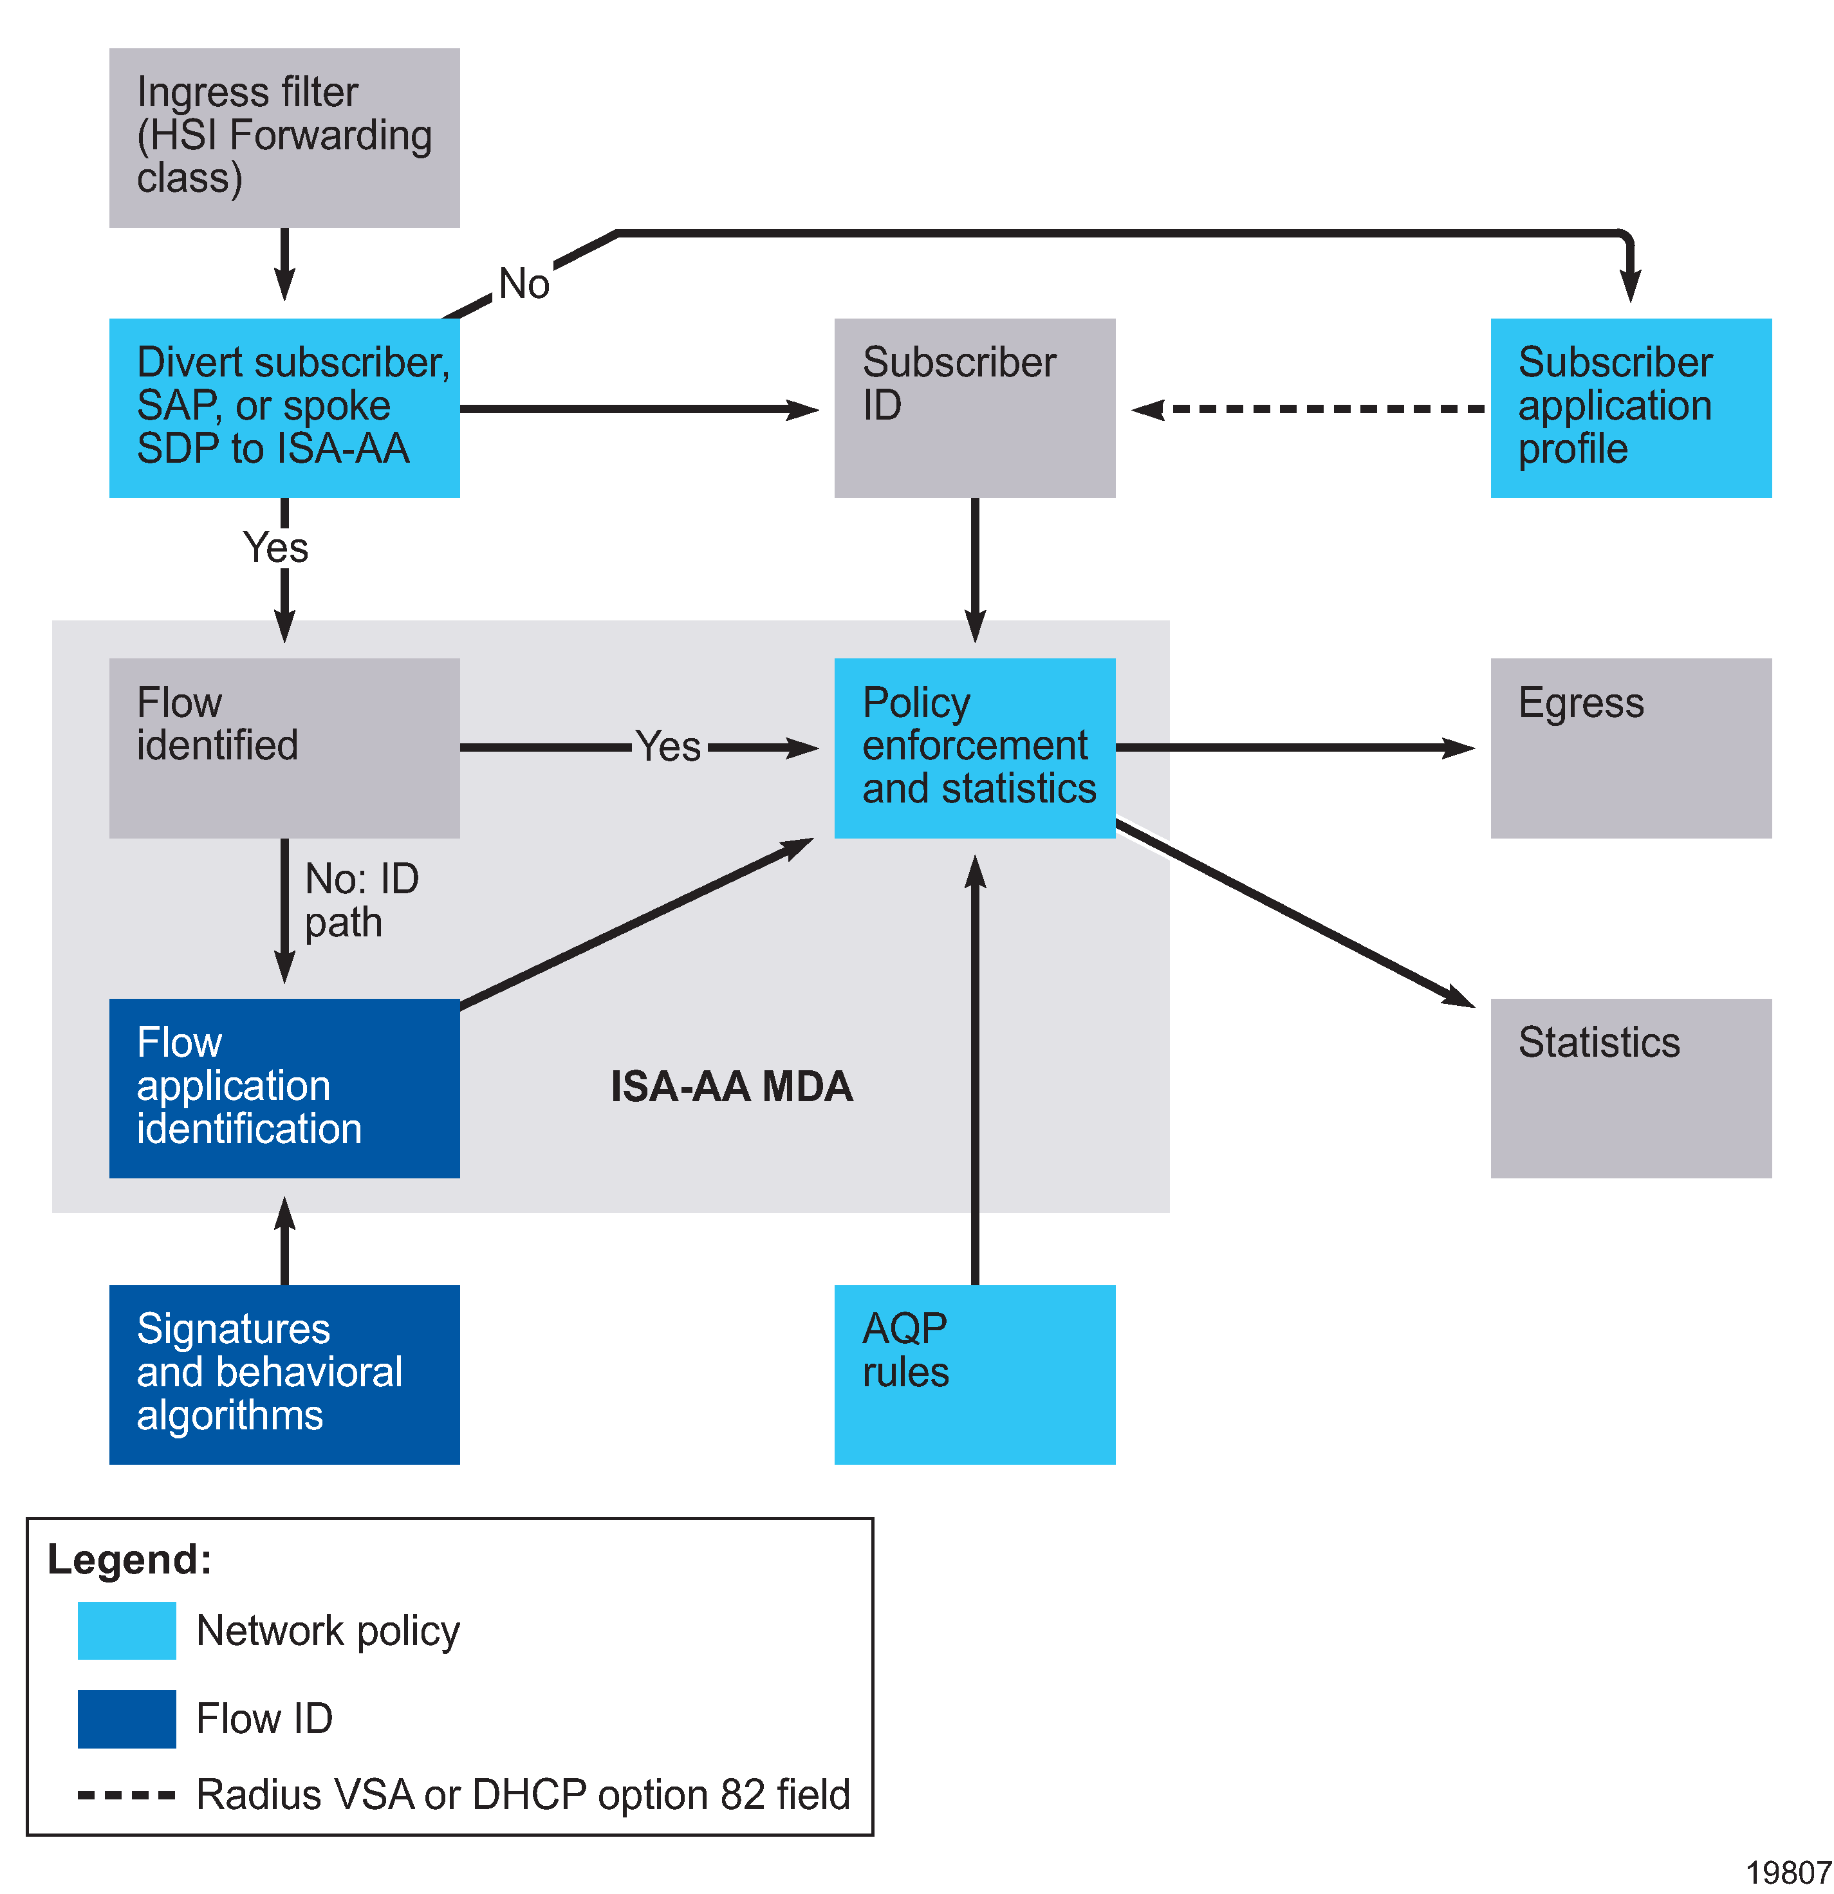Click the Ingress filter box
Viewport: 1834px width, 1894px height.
coord(284,138)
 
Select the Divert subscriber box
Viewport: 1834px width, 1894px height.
coord(284,408)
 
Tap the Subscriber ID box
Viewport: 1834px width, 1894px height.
coord(974,408)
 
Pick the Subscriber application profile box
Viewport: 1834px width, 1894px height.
coord(1630,408)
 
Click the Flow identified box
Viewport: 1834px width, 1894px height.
coord(284,748)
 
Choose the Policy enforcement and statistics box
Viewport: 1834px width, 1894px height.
coord(974,748)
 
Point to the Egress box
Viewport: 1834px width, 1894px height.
coord(1630,748)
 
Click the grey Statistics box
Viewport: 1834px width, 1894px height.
coord(1630,1088)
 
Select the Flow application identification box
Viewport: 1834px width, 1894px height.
coord(284,1088)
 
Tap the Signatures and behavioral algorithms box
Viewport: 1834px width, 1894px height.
coord(284,1374)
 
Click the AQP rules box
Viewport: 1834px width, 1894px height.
coord(974,1374)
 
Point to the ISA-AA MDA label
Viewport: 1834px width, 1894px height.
coord(732,1087)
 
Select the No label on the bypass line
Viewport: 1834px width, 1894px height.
coord(524,284)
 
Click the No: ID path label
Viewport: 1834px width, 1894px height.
coord(360,900)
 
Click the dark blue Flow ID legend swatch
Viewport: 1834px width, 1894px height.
coord(127,1719)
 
